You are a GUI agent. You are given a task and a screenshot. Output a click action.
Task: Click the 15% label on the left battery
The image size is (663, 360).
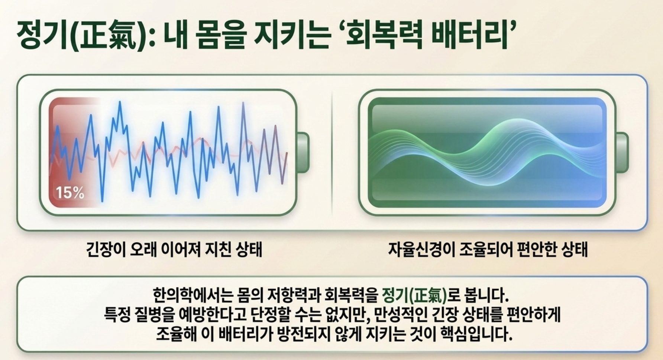(70, 193)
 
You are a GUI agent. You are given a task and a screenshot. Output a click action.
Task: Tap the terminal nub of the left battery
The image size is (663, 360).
(303, 152)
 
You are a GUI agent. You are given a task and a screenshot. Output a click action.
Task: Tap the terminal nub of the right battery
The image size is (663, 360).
(622, 152)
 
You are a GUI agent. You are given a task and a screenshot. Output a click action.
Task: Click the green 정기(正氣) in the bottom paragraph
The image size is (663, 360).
(414, 296)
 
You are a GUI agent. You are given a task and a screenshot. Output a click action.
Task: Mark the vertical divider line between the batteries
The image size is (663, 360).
(332, 152)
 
